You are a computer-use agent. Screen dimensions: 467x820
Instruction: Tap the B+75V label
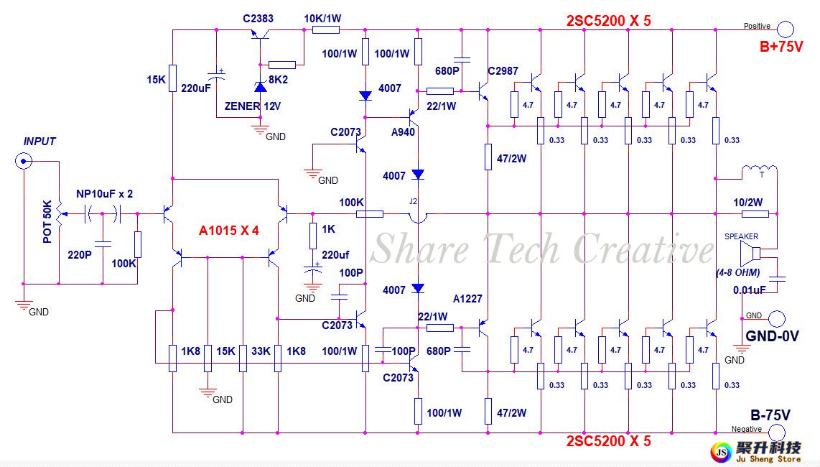click(x=781, y=47)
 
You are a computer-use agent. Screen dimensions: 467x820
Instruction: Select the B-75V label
click(x=770, y=415)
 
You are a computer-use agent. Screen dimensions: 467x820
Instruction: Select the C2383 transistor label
click(x=258, y=19)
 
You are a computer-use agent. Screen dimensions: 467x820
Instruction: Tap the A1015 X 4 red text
click(x=228, y=231)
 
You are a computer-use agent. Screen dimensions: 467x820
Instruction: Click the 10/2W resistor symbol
click(x=755, y=213)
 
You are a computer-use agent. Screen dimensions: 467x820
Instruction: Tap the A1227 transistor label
click(x=468, y=299)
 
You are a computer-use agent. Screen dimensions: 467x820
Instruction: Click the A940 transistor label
click(x=403, y=132)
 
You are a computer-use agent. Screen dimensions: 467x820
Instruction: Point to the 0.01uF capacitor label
click(x=749, y=290)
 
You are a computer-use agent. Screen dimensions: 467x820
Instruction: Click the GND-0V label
click(x=772, y=335)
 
